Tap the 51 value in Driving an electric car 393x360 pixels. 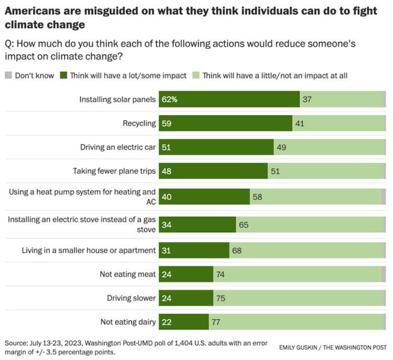click(x=166, y=147)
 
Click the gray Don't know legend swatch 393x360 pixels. click(x=8, y=76)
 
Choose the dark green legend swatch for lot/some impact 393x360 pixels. click(x=65, y=76)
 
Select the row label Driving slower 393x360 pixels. click(x=131, y=298)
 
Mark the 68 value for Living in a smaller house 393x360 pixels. click(x=237, y=250)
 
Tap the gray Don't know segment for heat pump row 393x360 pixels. click(x=383, y=196)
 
